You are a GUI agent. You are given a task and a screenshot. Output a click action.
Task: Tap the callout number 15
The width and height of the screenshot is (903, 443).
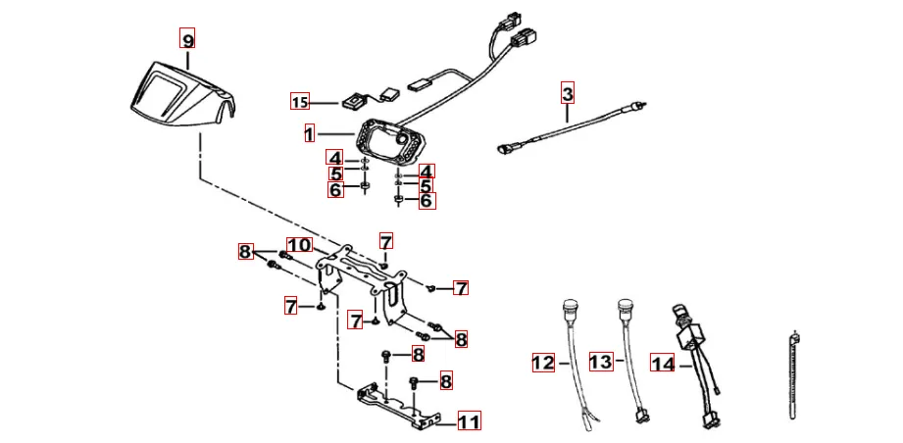click(300, 101)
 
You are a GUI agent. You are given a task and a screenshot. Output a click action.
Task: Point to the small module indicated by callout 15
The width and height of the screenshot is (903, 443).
click(354, 100)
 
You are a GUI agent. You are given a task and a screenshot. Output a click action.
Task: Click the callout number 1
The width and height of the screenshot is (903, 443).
click(309, 132)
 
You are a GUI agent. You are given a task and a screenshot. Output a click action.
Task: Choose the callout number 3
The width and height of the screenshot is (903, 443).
click(568, 94)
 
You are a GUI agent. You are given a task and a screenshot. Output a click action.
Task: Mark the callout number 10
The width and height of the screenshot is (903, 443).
click(298, 245)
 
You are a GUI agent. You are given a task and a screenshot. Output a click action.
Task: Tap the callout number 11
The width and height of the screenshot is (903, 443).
click(469, 422)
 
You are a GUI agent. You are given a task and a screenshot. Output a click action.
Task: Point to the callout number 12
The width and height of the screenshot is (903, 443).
click(543, 363)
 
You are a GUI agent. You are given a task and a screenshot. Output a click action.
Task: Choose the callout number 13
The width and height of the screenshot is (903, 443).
click(602, 363)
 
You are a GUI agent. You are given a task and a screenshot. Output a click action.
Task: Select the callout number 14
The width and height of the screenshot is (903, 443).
click(663, 365)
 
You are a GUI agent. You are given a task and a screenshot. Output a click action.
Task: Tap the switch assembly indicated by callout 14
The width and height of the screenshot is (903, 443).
click(689, 338)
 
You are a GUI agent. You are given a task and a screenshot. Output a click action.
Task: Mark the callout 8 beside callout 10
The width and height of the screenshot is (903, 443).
click(246, 252)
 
